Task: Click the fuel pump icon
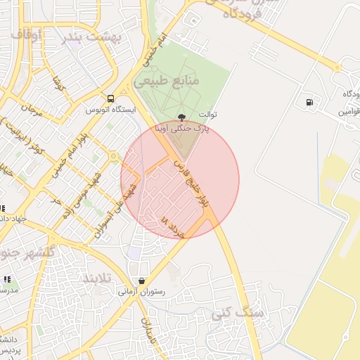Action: (309, 103)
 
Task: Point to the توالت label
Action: (209, 114)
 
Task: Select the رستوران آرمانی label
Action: (141, 290)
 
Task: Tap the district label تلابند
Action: (98, 279)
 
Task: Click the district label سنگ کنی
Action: (242, 314)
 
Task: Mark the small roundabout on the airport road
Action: (337, 68)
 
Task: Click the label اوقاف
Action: (26, 33)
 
